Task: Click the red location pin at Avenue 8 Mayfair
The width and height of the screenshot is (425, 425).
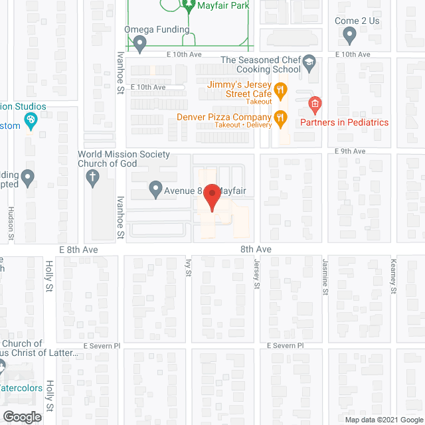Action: click(x=212, y=198)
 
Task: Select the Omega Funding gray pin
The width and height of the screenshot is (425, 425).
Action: click(x=139, y=44)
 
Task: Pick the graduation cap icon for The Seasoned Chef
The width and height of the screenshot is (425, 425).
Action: click(x=309, y=64)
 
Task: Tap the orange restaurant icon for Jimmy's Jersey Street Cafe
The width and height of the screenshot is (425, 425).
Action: click(x=282, y=89)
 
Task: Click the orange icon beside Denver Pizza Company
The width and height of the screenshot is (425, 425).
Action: click(x=282, y=118)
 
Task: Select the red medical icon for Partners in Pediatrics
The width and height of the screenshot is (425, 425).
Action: click(x=315, y=104)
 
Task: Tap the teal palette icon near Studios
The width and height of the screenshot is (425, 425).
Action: click(x=29, y=120)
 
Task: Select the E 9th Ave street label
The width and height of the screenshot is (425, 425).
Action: click(x=350, y=151)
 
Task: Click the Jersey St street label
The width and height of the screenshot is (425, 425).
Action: click(x=257, y=274)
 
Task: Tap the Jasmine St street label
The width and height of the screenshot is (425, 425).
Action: click(x=325, y=274)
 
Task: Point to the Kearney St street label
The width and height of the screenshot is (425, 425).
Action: click(x=393, y=274)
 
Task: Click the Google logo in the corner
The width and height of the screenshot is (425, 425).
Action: click(x=21, y=417)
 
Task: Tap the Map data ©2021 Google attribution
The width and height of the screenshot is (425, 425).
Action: click(x=383, y=420)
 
